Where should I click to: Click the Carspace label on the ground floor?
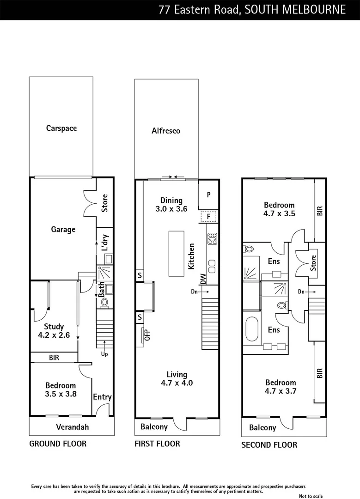point(61,128)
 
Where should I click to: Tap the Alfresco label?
point(166,131)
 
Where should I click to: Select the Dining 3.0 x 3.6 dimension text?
point(171,205)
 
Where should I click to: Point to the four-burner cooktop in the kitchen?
point(213,239)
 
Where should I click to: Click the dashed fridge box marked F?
point(209,216)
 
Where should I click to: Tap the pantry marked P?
point(209,195)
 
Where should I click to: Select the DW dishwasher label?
point(203,279)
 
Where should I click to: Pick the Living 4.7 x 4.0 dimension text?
point(177,379)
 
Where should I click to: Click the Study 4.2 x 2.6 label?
point(54,331)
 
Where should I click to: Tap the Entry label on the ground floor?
point(102,397)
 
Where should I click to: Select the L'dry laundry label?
point(105,242)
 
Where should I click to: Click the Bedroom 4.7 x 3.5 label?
point(279,209)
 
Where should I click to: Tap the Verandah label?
point(72,427)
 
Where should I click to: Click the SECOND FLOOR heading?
point(269,445)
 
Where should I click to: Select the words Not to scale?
point(311,496)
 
